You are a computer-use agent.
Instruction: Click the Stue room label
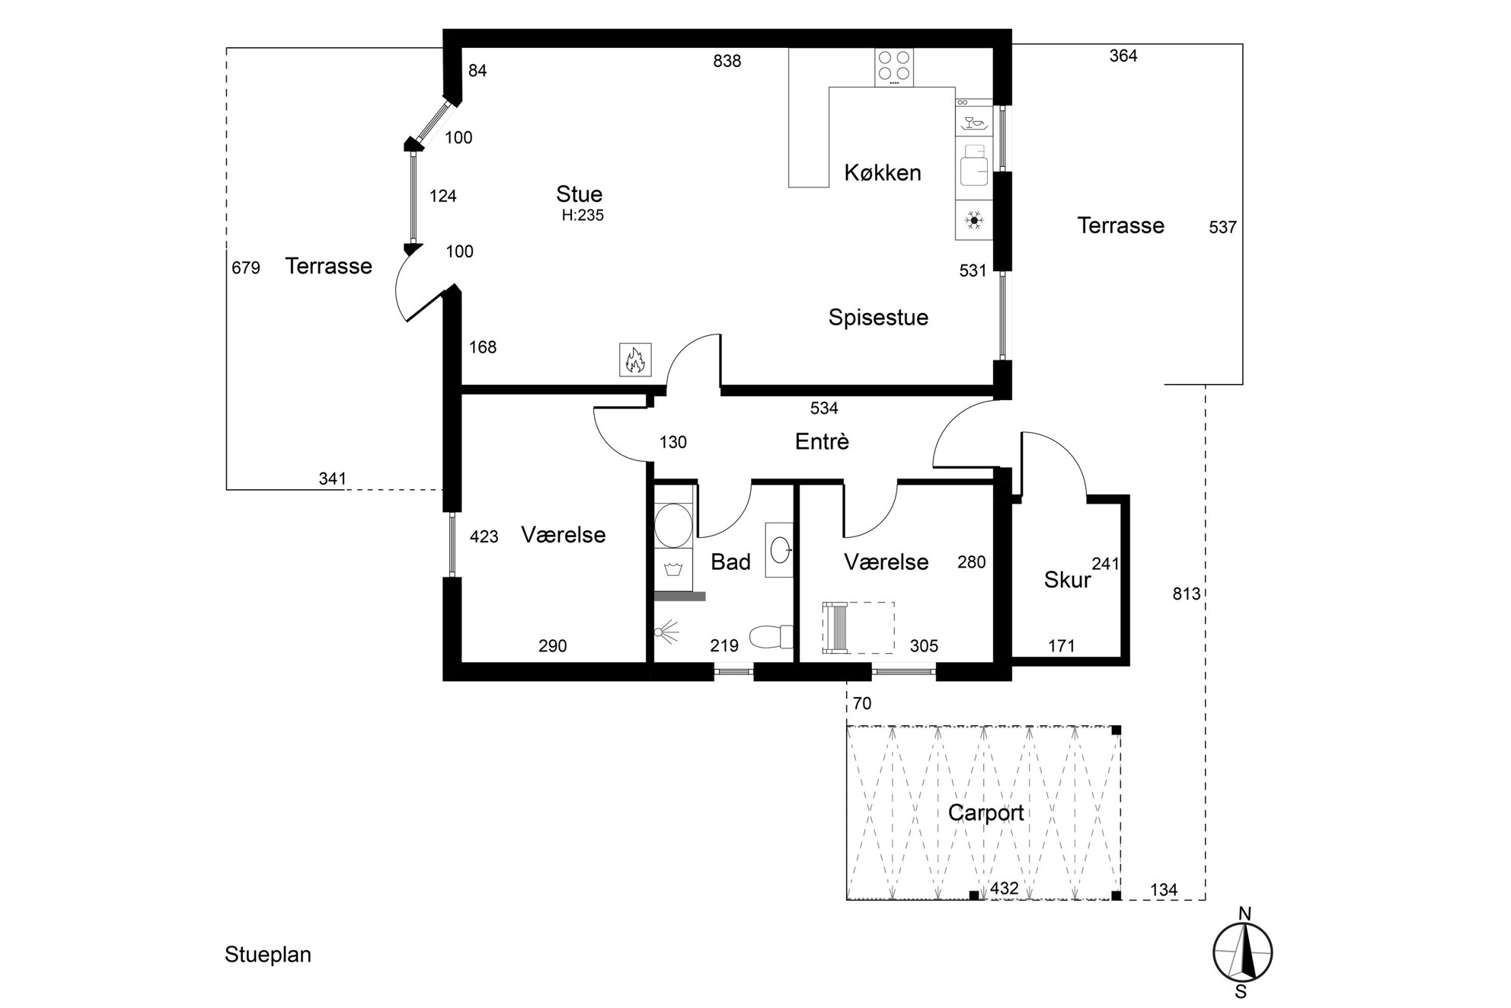pyautogui.click(x=579, y=194)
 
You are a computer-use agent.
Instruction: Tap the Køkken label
pyautogui.click(x=883, y=173)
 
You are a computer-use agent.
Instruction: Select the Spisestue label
pyautogui.click(x=878, y=318)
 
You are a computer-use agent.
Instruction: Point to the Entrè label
pyautogui.click(x=822, y=442)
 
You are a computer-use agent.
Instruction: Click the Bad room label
pyautogui.click(x=730, y=562)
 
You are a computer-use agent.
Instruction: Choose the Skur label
pyautogui.click(x=1067, y=581)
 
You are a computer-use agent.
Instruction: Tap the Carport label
pyautogui.click(x=986, y=813)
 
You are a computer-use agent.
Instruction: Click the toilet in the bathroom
pyautogui.click(x=771, y=636)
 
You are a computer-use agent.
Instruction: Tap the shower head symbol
pyautogui.click(x=666, y=632)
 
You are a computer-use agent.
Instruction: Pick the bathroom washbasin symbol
pyautogui.click(x=779, y=549)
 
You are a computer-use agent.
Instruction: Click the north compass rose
pyautogui.click(x=1242, y=952)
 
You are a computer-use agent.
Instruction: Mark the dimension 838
pyautogui.click(x=727, y=62)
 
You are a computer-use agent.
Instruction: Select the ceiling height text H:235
pyautogui.click(x=583, y=216)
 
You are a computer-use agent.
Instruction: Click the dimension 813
pyautogui.click(x=1186, y=594)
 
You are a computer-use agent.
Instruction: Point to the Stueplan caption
pyautogui.click(x=267, y=955)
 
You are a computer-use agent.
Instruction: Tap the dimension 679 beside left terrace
pyautogui.click(x=245, y=268)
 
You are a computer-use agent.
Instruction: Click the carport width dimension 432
pyautogui.click(x=1004, y=888)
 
